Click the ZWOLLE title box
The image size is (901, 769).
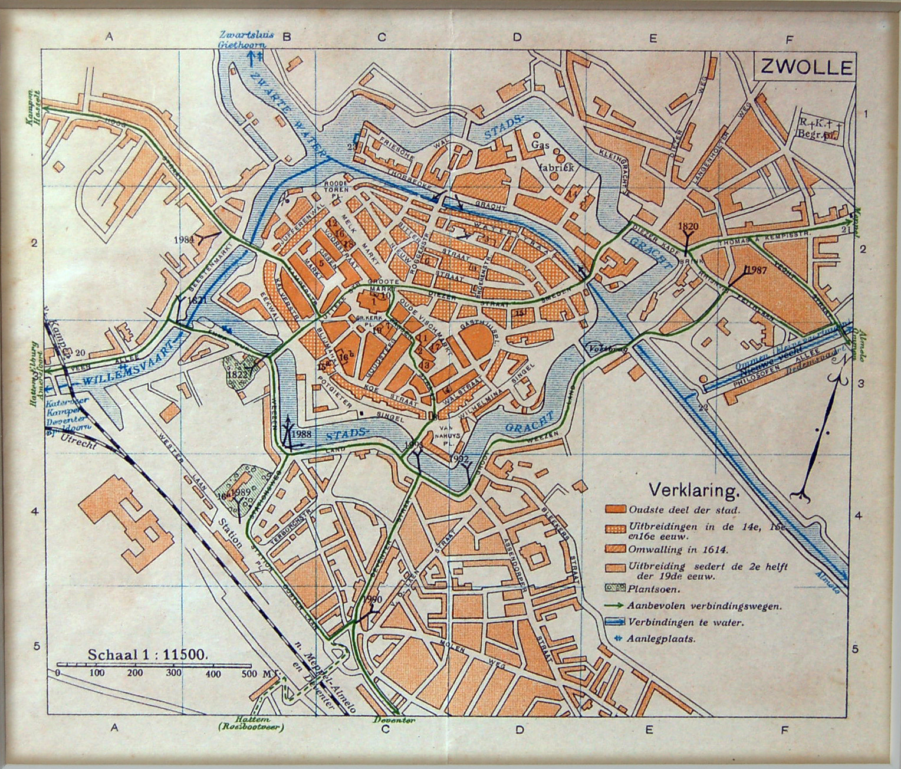(x=805, y=67)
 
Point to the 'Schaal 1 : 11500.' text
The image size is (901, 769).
(x=146, y=654)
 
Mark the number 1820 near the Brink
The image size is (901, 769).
(x=688, y=226)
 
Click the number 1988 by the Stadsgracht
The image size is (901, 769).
(x=301, y=434)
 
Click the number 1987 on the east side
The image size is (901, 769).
(x=756, y=270)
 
